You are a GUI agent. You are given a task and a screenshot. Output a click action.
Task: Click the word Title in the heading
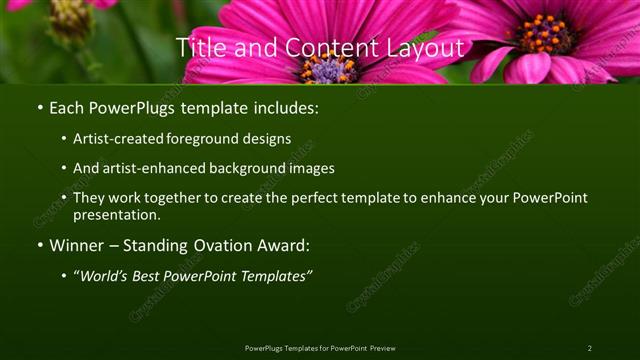(199, 47)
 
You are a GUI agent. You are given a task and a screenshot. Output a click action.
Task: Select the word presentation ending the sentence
(116, 214)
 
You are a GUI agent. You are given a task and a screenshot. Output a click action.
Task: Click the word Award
(283, 244)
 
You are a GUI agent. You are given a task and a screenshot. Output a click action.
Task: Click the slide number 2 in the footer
(589, 348)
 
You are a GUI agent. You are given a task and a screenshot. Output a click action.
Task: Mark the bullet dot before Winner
(39, 245)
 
